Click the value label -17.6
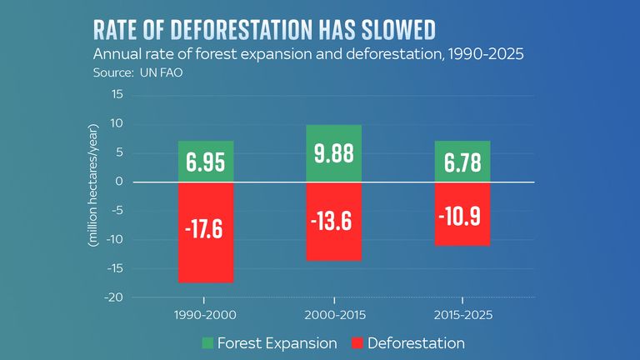coord(205,229)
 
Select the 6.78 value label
coord(461,162)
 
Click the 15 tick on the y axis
coord(117,95)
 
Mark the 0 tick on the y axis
coord(119,182)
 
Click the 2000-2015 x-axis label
coord(333,316)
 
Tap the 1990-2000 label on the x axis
coord(206,316)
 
